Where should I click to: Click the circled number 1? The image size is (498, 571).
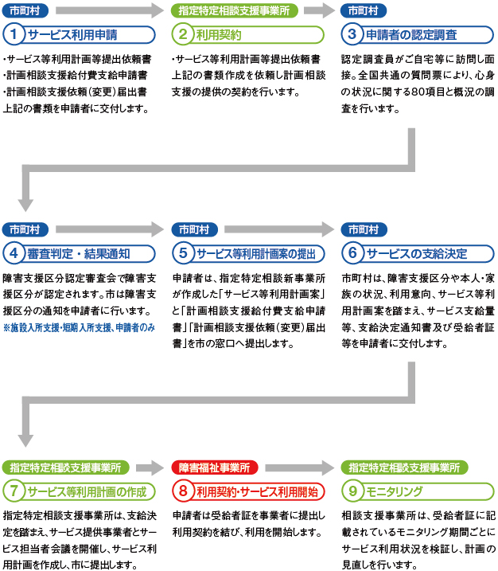tap(14, 34)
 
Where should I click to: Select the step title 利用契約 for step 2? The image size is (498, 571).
tap(219, 35)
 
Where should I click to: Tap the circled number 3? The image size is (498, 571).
tap(352, 34)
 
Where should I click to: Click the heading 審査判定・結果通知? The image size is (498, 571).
tap(79, 254)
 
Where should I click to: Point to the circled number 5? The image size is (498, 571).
tap(183, 253)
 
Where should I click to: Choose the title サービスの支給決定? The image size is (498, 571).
tap(417, 254)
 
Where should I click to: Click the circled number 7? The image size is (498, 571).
tap(14, 491)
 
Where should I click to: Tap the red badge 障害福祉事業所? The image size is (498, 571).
tap(215, 467)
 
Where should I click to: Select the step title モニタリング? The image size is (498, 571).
tap(394, 491)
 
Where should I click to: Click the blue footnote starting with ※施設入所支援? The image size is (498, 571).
tap(79, 328)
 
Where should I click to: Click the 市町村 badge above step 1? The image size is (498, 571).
tap(25, 11)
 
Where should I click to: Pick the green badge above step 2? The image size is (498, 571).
tap(234, 11)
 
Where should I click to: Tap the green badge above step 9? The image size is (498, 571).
tap(404, 467)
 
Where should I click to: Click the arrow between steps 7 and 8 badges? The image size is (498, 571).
tap(150, 467)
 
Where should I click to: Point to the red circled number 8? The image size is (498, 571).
tap(183, 491)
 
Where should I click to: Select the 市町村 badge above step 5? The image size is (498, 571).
tap(195, 230)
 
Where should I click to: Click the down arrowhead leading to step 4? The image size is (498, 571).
tap(25, 205)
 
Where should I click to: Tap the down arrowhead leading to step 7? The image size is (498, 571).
tap(25, 440)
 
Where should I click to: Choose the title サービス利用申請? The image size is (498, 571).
tap(72, 35)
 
